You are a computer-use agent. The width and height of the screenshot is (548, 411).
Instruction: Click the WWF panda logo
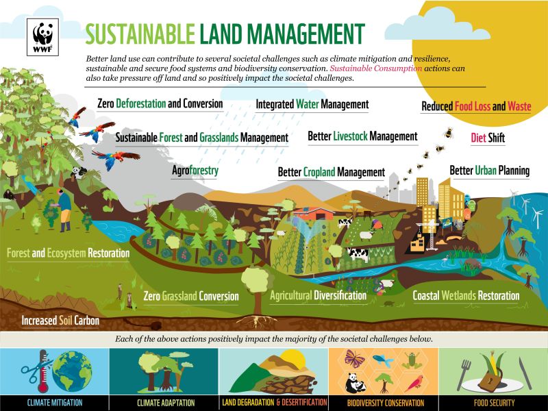tap(42, 37)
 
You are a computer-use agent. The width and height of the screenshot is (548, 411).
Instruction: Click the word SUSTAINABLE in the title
tap(140, 34)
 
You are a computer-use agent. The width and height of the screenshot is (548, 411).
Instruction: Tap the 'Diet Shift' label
tap(488, 138)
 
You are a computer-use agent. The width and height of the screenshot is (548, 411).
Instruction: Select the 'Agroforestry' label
tap(195, 171)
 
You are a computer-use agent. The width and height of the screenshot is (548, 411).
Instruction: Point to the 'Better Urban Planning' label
tap(489, 171)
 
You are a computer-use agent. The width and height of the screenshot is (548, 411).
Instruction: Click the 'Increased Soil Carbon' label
tap(60, 321)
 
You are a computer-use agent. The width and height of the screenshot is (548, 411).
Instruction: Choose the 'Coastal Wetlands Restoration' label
tap(466, 296)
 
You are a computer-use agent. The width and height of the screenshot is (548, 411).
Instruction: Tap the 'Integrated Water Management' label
tap(312, 104)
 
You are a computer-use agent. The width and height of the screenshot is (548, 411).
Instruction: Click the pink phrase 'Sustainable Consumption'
tap(375, 68)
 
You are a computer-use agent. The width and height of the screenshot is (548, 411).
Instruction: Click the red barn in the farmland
tap(314, 214)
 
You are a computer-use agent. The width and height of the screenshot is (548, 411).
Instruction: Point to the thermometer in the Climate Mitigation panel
tap(43, 371)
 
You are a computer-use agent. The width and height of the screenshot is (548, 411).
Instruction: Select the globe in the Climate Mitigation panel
tap(73, 371)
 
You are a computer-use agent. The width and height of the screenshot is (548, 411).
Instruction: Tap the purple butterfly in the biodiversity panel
tap(355, 358)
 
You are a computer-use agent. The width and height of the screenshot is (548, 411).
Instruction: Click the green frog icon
tap(412, 361)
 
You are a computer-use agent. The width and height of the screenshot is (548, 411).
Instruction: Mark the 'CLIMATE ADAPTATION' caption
tap(166, 403)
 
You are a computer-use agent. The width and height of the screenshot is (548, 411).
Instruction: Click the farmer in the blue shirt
tap(64, 210)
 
